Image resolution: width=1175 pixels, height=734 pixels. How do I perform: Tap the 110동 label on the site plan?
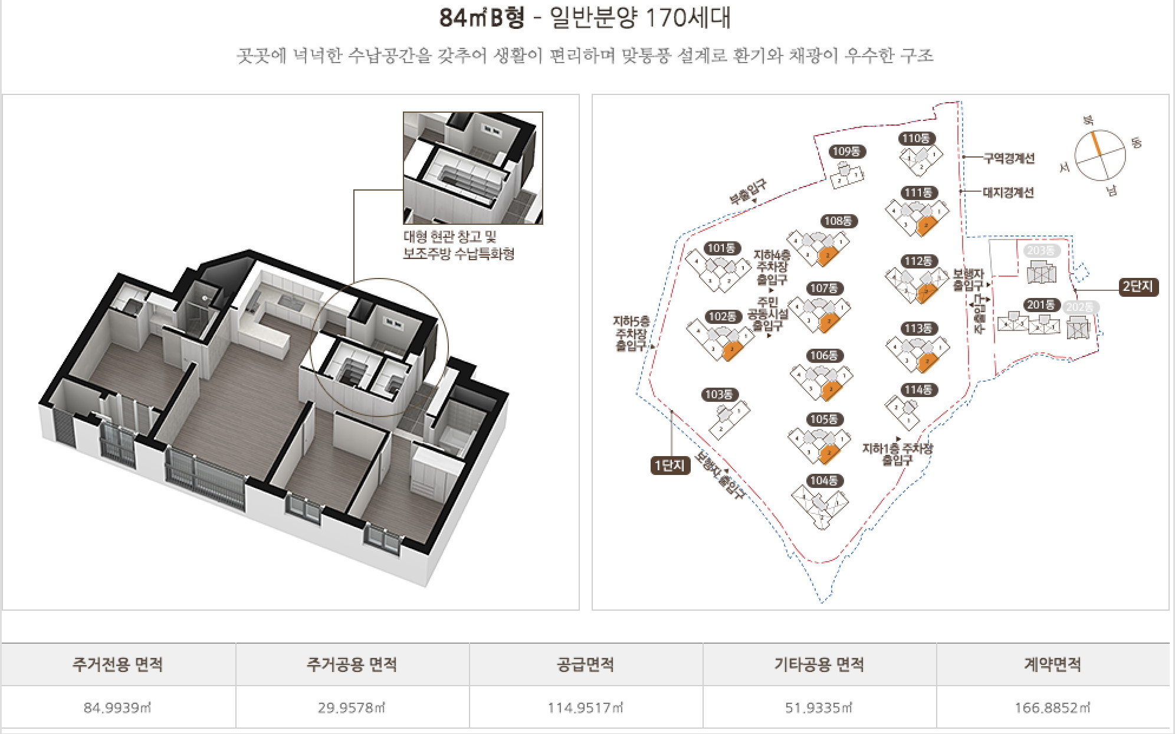pos(917,139)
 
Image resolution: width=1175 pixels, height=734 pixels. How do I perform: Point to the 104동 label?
pos(823,481)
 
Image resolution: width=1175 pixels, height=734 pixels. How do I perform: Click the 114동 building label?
pos(918,390)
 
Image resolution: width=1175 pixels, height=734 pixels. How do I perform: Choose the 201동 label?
pos(1041,305)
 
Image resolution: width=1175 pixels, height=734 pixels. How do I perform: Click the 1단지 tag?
pos(669,466)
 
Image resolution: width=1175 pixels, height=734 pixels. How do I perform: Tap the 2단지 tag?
pos(1138,287)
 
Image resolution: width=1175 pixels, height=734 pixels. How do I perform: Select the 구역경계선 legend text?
pos(1009,158)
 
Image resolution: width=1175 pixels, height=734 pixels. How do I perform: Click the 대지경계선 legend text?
pos(1009,192)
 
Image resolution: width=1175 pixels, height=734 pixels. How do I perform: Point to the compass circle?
pos(1099,155)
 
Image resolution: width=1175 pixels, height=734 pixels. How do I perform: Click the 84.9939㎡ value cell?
pos(118,707)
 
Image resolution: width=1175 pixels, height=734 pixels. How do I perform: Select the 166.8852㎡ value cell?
pos(1052,707)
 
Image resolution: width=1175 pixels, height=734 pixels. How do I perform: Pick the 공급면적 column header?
pos(586,664)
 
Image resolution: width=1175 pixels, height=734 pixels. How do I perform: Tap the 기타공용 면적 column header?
pos(819,664)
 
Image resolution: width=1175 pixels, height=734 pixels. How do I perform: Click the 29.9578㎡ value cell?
pos(352,707)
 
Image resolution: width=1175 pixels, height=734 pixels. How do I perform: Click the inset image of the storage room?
pos(472,168)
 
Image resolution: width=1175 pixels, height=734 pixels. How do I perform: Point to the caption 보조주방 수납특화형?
pos(458,254)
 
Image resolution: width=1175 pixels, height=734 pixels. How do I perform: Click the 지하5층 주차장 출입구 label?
pos(631,334)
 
